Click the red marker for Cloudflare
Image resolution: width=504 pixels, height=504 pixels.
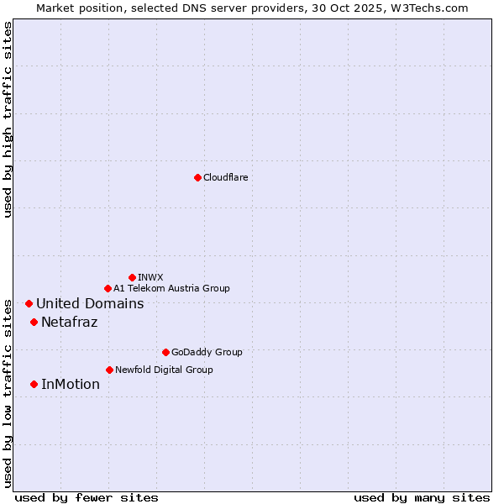197,177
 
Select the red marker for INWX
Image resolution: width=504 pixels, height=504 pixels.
132,277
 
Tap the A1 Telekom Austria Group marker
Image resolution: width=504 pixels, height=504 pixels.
108,288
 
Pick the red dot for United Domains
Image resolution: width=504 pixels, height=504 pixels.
29,303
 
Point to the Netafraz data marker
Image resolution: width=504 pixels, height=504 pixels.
34,322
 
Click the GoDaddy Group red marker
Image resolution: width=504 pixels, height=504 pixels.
165,352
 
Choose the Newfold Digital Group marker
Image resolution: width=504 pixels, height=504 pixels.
109,370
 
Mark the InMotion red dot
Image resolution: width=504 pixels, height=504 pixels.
34,384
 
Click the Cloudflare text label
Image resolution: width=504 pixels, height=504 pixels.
225,177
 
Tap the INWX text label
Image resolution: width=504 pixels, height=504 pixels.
150,277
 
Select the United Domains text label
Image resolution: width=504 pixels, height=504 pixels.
90,304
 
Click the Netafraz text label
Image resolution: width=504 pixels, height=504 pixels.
69,323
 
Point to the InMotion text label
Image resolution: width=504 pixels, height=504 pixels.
70,385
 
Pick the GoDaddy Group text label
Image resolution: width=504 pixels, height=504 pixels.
207,352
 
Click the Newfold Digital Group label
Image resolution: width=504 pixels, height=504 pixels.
164,370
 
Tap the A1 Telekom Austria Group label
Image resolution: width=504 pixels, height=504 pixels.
171,288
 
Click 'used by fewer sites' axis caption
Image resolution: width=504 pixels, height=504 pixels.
87,497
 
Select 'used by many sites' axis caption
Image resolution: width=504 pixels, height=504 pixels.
422,497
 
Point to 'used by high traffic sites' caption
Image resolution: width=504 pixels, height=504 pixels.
8,119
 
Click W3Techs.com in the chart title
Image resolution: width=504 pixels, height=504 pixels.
427,8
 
